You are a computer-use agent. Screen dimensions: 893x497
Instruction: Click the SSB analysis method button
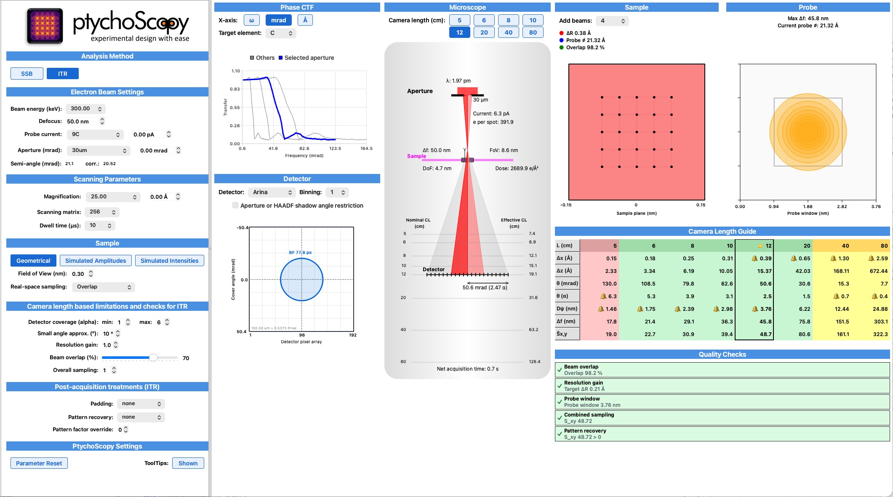27,74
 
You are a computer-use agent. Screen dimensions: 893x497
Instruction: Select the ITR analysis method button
63,74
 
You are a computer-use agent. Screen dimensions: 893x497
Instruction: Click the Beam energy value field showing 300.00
86,109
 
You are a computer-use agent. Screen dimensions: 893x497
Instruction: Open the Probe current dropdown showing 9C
96,134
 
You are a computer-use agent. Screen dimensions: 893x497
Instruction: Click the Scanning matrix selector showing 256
102,212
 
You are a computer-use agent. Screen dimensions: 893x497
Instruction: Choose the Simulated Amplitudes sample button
96,261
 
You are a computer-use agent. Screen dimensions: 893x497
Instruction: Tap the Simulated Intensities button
169,261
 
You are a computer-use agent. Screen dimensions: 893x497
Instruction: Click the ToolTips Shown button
188,463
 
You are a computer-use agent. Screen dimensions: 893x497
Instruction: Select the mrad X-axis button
278,20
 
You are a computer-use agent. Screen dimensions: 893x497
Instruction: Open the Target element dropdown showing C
281,33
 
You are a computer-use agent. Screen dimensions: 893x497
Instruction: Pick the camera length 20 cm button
484,32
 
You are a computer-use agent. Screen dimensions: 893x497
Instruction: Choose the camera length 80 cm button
533,32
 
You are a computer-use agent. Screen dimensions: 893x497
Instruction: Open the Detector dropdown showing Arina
272,192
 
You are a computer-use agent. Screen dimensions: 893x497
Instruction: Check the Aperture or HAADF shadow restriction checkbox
235,206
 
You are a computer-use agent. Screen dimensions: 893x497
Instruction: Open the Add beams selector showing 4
612,21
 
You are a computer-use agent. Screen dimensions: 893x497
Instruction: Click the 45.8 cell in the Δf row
765,321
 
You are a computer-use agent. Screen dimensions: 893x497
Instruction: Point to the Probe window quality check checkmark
560,402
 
